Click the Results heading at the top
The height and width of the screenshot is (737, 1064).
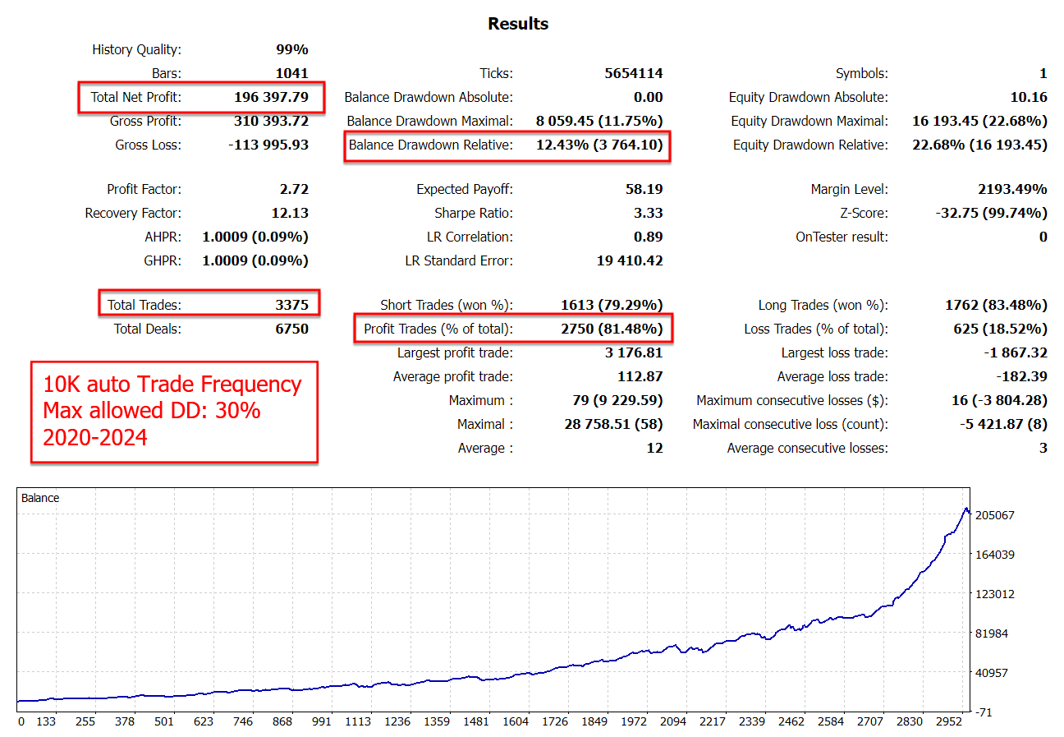518,24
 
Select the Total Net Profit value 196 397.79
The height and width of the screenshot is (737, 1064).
271,97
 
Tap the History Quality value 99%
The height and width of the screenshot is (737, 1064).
291,49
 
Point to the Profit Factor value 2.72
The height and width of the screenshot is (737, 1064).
293,189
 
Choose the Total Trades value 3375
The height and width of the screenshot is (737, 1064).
291,305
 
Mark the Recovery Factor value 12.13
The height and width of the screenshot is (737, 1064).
290,213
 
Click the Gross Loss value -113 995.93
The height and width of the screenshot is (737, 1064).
268,145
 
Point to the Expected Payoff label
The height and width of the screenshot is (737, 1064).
465,189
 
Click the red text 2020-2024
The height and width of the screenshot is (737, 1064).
94,436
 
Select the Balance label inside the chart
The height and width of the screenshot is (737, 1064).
40,498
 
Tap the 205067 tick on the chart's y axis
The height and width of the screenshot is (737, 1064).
993,515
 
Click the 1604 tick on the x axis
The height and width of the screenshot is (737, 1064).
515,721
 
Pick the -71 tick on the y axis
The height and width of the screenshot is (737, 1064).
984,712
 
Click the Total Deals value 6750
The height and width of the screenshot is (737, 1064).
291,329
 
